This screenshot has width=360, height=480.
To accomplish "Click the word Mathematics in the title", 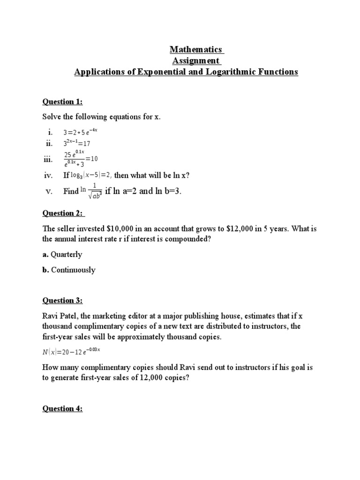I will coord(196,49).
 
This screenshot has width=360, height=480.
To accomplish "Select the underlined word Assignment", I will coord(196,61).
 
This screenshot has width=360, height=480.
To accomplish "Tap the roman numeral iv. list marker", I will coord(47,175).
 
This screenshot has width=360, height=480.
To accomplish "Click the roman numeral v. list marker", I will coord(48,192).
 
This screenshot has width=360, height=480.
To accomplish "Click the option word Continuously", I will coord(73,270).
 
